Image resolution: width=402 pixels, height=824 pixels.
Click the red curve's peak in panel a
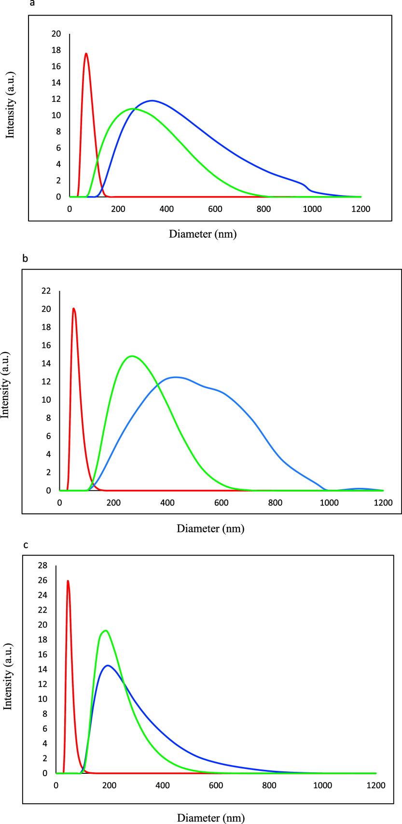point(86,54)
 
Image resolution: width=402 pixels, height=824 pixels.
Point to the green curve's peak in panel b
point(132,356)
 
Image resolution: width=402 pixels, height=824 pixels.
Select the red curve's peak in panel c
point(68,581)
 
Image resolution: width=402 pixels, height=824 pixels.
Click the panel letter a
point(32,4)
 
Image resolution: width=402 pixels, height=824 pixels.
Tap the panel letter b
point(25,258)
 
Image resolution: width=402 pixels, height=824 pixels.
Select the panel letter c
point(26,545)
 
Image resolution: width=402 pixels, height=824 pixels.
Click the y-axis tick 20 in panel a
point(56,34)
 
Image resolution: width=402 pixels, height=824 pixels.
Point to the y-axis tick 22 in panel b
point(46,291)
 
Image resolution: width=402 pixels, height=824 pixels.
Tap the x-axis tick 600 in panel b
point(222,502)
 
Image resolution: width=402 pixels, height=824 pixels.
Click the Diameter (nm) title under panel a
point(203,234)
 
